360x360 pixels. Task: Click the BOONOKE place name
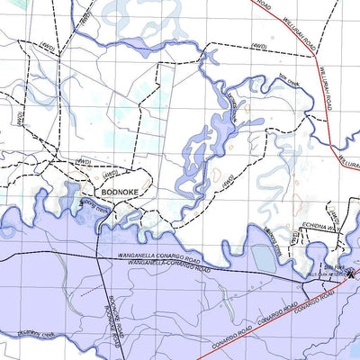120,192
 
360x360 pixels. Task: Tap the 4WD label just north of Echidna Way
334,214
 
